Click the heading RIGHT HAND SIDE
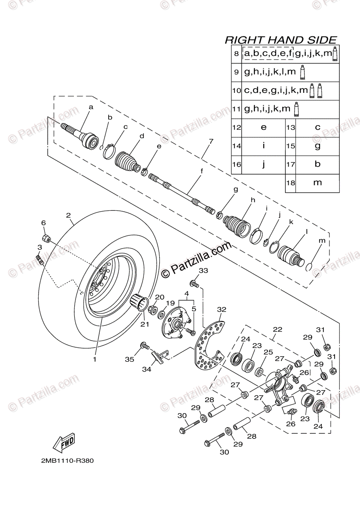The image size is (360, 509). point(280,40)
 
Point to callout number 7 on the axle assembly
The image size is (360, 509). point(211,141)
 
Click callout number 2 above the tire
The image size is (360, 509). point(68,215)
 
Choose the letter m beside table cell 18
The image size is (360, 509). point(317,182)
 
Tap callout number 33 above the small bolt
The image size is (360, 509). point(204,270)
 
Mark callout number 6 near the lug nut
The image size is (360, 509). point(43,223)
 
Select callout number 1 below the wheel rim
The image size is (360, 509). point(95,359)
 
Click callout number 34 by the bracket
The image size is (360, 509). point(146,369)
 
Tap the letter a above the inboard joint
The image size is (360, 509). point(90,108)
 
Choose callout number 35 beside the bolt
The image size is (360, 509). point(129,359)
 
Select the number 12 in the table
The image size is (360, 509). point(236,127)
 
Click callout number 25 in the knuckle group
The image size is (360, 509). point(267,352)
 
